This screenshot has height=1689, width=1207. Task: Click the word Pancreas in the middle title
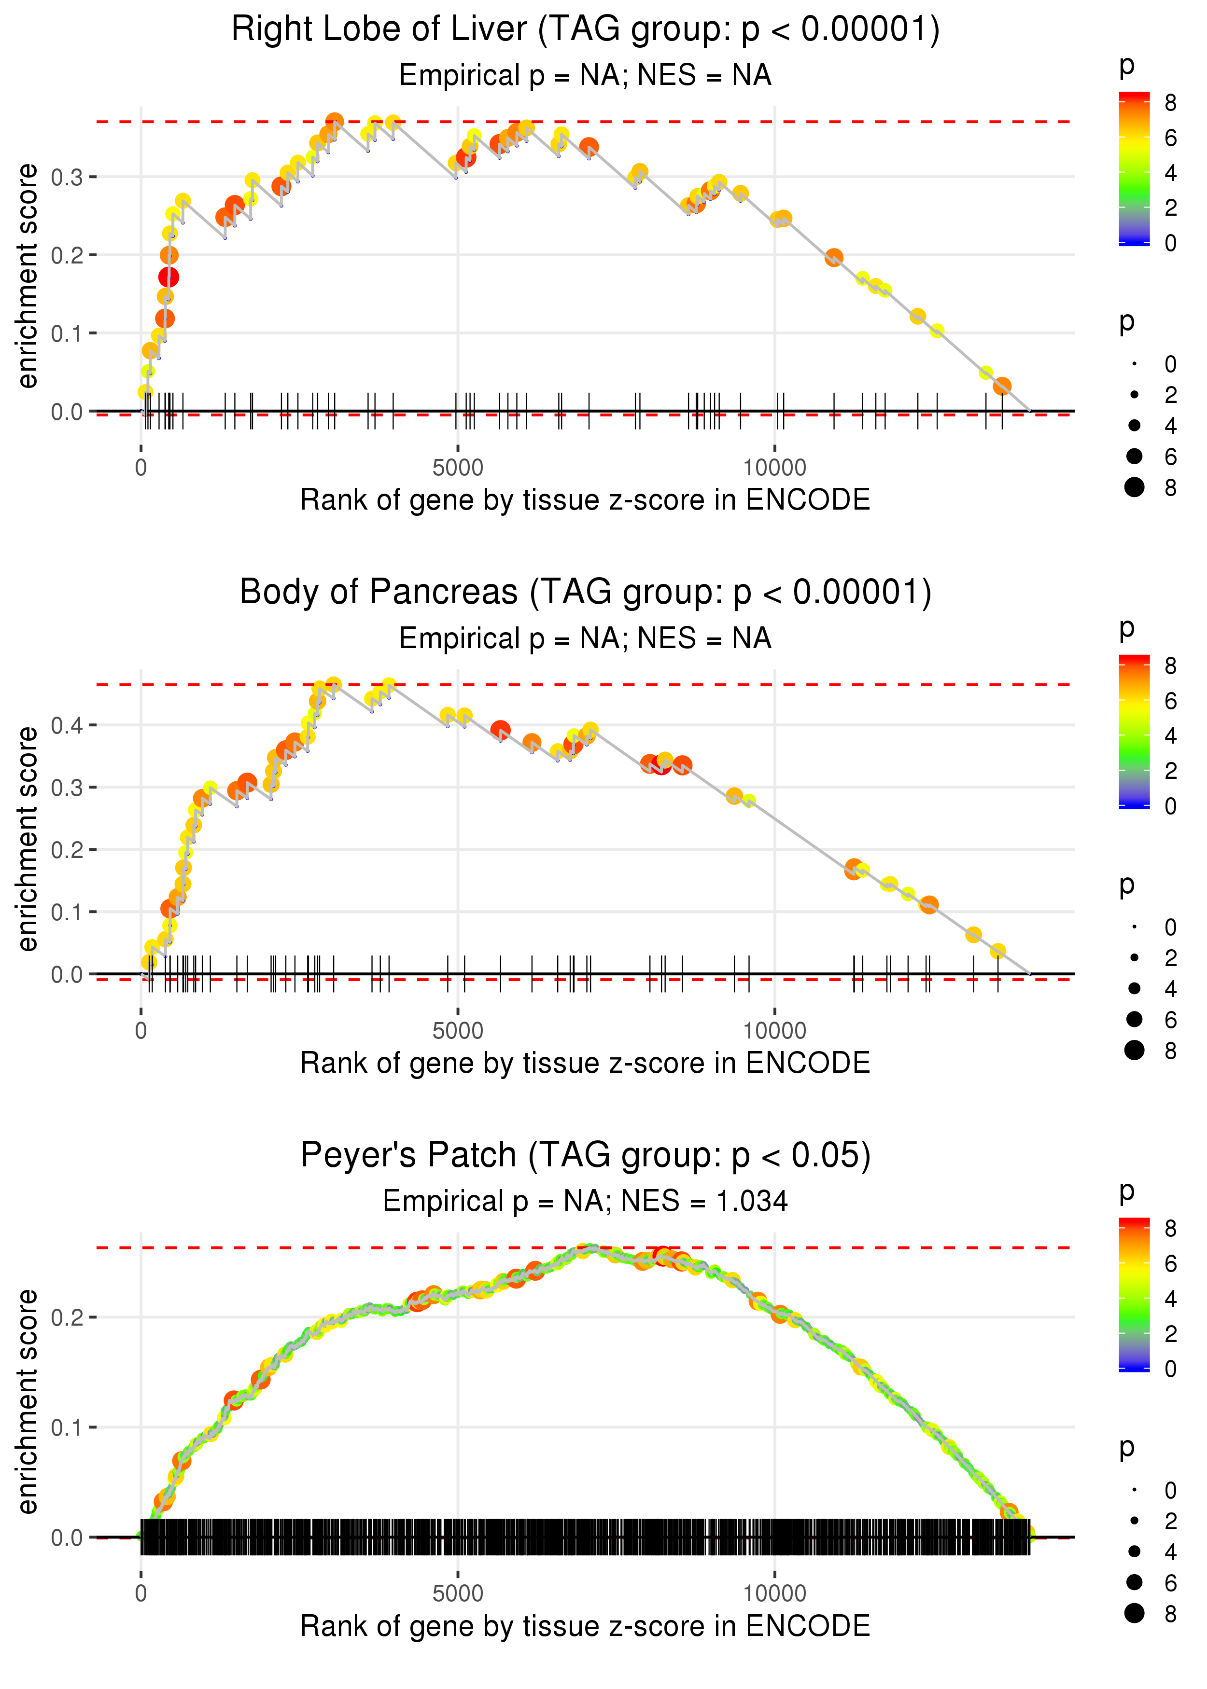tap(448, 593)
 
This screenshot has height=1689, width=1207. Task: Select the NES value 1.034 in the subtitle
tap(751, 1201)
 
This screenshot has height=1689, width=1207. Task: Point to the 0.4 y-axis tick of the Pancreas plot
tap(67, 725)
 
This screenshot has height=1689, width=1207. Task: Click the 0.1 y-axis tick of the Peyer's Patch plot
tap(67, 1427)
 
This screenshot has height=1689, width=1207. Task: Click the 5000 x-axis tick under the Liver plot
tap(458, 468)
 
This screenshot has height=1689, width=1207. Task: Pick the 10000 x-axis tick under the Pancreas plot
tap(774, 1031)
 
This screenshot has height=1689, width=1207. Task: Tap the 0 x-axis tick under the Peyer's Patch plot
tap(141, 1594)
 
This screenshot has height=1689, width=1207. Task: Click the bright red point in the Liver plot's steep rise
tap(168, 277)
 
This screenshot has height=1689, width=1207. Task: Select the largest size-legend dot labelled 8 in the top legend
tap(1134, 487)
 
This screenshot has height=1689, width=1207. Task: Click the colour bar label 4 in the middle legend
tap(1171, 736)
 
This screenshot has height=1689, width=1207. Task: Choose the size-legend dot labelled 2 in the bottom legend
tap(1134, 1521)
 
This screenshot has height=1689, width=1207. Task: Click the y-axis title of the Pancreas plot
tap(28, 839)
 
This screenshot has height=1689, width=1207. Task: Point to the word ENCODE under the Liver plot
tap(807, 500)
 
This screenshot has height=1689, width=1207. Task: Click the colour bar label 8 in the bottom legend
tap(1171, 1229)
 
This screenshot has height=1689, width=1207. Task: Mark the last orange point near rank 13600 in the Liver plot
tap(1002, 386)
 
